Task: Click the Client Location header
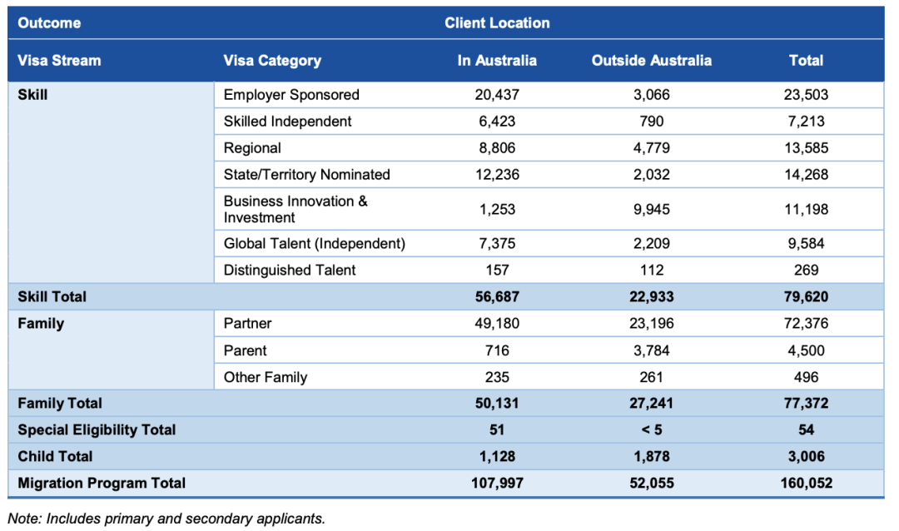pos(497,23)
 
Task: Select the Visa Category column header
pos(272,61)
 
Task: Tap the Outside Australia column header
pos(651,61)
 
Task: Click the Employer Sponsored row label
pos(291,95)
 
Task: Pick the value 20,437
pos(497,95)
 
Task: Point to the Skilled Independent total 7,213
pos(806,122)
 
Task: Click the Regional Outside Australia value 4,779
pos(651,148)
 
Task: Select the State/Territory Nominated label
pos(306,175)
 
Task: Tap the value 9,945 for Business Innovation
pos(651,210)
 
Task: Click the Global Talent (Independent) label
pos(314,244)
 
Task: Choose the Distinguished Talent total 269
pos(806,270)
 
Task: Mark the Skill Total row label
pos(52,296)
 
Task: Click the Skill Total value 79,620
pos(806,296)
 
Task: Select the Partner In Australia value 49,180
pos(497,323)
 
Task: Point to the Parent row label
pos(245,350)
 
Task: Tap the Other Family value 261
pos(651,377)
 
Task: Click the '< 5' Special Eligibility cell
pos(651,430)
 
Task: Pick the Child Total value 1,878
pos(651,457)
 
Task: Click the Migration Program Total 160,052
pos(806,484)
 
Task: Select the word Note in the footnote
pos(24,519)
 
